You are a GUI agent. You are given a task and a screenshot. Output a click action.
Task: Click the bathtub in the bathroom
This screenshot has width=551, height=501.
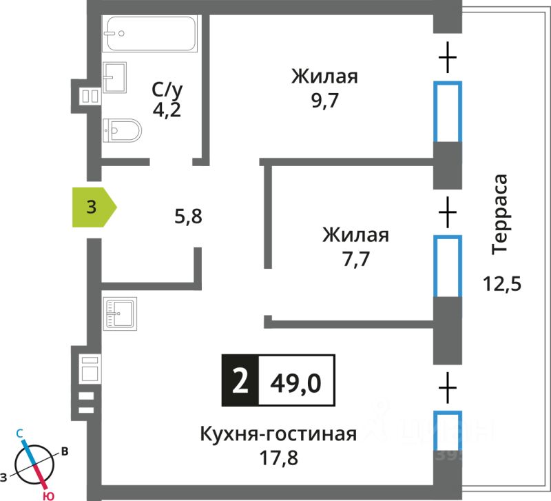[x=149, y=33]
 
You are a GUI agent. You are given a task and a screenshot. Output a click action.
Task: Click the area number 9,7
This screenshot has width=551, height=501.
[x=324, y=101]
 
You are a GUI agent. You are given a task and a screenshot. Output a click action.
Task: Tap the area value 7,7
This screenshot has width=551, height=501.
[x=355, y=260]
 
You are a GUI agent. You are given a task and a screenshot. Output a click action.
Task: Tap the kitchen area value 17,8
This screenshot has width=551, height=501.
[x=278, y=458]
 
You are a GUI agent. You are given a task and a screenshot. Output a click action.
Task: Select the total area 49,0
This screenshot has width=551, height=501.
[x=297, y=380]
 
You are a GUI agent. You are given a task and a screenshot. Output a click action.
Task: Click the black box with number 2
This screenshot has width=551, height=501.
[x=239, y=380]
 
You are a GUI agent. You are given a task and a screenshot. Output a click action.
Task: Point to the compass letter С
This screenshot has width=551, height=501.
[x=21, y=433]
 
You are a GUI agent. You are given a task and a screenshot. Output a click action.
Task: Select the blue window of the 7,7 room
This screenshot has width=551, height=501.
[x=448, y=266]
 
